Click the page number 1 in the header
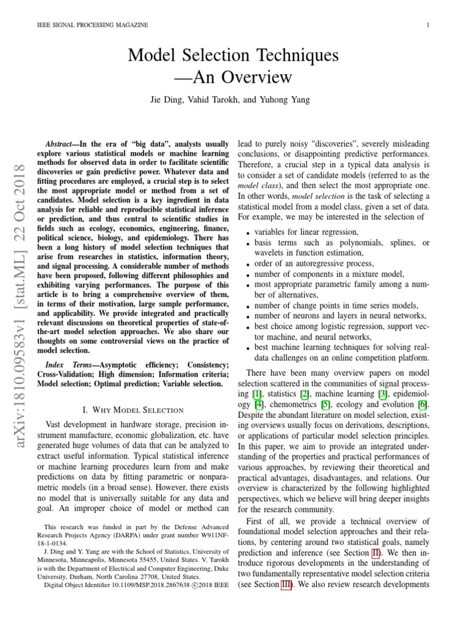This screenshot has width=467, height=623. point(429,24)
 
